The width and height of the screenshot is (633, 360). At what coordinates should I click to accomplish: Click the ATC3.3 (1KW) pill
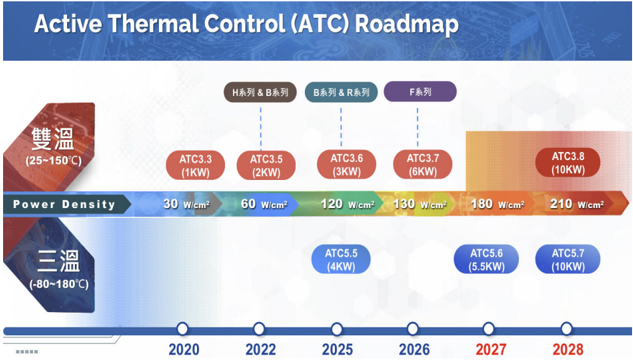[195, 165]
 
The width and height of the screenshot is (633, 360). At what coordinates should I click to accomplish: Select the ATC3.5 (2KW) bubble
[266, 165]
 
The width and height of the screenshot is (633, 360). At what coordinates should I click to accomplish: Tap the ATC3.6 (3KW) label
[346, 165]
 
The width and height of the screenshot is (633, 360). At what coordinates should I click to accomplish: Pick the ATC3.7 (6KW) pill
[423, 165]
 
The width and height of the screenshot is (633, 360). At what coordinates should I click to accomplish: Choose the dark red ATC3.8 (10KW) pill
[568, 163]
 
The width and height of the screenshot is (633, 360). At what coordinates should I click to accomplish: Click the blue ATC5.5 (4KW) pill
[341, 260]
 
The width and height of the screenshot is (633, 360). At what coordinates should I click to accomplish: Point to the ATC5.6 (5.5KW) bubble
[486, 260]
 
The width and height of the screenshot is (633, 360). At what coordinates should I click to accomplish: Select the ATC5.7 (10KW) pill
[568, 260]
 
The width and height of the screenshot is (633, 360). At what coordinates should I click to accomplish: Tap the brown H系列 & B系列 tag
[260, 92]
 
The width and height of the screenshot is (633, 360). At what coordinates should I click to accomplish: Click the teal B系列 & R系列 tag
[341, 92]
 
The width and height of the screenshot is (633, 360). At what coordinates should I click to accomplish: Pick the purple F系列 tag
[420, 92]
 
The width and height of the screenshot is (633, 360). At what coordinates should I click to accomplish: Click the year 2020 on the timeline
[184, 350]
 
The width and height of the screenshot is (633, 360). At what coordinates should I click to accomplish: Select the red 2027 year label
[491, 350]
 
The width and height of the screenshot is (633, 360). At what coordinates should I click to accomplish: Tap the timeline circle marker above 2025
[337, 329]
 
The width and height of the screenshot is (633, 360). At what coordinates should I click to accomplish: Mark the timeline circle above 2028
[566, 329]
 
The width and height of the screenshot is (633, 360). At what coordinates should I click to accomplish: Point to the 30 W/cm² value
[187, 204]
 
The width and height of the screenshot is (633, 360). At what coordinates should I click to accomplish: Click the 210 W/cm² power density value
[577, 204]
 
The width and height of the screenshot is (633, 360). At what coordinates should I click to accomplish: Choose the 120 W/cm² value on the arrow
[348, 204]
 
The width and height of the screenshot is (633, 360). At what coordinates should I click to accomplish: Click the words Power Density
[64, 204]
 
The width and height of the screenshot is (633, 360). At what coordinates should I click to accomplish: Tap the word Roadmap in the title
[407, 24]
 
